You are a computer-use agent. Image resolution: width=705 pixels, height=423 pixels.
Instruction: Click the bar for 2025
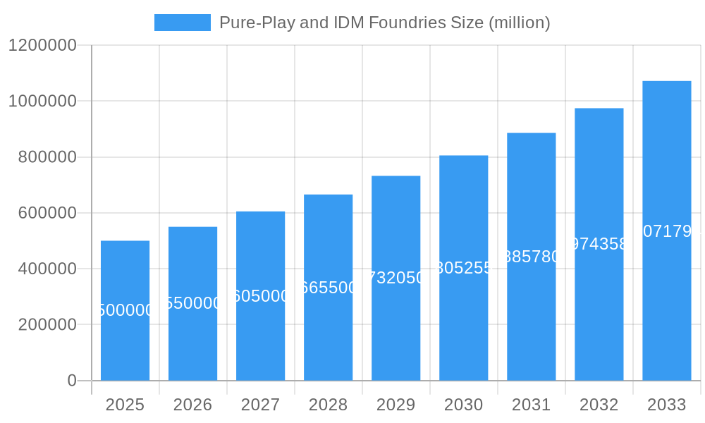click(x=125, y=310)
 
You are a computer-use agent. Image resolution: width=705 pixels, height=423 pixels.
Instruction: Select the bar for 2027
click(x=261, y=296)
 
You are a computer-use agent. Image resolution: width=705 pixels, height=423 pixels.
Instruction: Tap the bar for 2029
click(x=396, y=278)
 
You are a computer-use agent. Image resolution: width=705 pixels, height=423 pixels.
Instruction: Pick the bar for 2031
click(x=532, y=257)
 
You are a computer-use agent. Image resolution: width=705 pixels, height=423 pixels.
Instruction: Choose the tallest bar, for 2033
click(x=667, y=231)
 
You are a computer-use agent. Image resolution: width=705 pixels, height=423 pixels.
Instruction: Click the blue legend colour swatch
click(x=183, y=23)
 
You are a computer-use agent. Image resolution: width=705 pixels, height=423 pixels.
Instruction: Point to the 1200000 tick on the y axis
click(x=42, y=45)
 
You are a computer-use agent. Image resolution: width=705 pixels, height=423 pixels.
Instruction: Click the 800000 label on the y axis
click(x=47, y=157)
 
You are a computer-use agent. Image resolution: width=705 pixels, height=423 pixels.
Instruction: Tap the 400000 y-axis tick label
click(x=47, y=269)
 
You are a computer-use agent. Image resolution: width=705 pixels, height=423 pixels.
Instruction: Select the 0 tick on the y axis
click(x=72, y=381)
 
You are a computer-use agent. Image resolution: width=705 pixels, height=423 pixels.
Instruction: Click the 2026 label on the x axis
click(x=192, y=405)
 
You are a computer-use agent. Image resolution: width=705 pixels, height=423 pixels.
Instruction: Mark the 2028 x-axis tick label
click(x=328, y=405)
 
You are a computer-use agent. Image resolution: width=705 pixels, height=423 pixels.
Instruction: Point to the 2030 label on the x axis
click(x=463, y=405)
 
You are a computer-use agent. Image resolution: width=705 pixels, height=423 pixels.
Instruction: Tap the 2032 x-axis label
click(x=599, y=405)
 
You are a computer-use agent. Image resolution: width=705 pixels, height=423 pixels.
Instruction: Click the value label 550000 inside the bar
click(x=193, y=303)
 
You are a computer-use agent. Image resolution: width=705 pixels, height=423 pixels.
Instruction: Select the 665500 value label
click(x=329, y=288)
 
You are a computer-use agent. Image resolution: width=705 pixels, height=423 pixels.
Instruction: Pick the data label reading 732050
click(x=396, y=278)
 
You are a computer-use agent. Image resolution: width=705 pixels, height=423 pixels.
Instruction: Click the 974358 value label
click(x=599, y=244)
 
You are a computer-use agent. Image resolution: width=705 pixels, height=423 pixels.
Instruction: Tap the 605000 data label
click(x=261, y=296)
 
